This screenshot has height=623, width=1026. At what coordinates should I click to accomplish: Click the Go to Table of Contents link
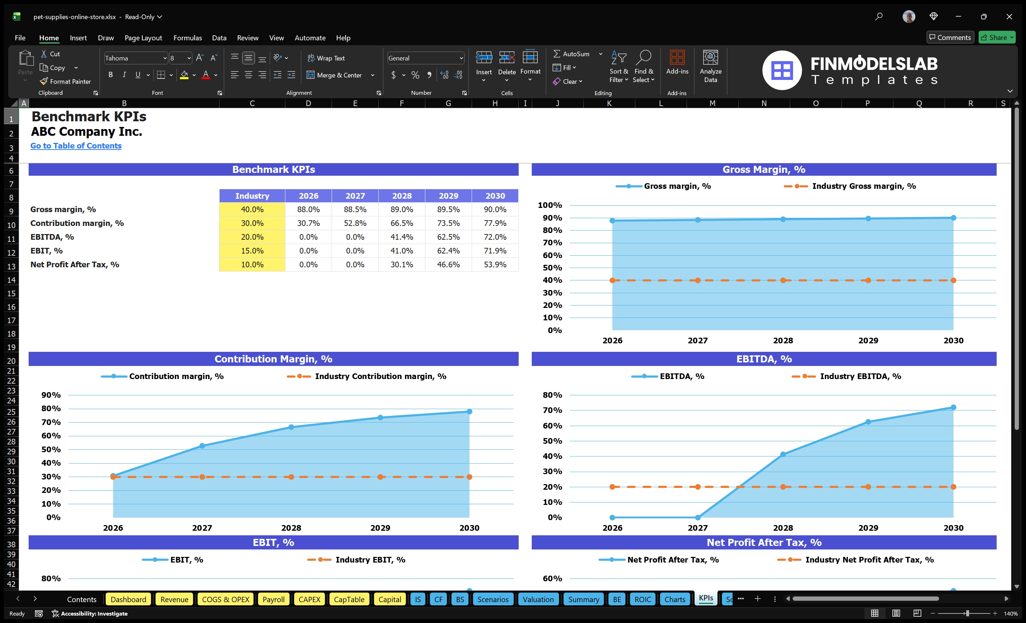(76, 146)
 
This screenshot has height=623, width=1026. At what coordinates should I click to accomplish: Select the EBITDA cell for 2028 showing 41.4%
(401, 237)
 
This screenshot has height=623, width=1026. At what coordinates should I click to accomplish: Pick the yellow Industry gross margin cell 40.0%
(252, 209)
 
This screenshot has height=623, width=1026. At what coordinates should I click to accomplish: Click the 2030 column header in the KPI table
(495, 196)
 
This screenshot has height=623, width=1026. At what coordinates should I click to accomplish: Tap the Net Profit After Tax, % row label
(75, 264)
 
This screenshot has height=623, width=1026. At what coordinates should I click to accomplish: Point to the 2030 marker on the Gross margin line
(953, 218)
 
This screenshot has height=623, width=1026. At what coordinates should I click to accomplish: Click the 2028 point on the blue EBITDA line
(783, 454)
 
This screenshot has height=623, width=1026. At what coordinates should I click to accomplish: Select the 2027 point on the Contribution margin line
(202, 446)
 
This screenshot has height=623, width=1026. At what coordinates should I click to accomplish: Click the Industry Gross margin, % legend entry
(863, 186)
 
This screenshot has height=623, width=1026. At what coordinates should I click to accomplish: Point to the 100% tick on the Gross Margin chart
(550, 205)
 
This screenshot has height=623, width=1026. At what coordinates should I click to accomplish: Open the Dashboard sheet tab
(128, 599)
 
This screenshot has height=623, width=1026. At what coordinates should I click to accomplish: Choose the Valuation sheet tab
(538, 599)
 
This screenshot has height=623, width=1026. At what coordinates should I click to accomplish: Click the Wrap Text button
(326, 58)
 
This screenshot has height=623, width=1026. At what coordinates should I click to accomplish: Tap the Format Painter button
(65, 82)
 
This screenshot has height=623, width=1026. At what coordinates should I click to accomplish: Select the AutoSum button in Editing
(571, 54)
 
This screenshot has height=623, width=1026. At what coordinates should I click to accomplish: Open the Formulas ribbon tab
(187, 38)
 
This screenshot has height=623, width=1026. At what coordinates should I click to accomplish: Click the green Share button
(996, 37)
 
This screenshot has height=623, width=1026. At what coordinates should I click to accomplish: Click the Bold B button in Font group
(110, 75)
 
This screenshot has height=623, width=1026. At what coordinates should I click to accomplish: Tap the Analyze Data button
(710, 66)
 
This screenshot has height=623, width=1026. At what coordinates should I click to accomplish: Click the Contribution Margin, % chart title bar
(273, 359)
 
